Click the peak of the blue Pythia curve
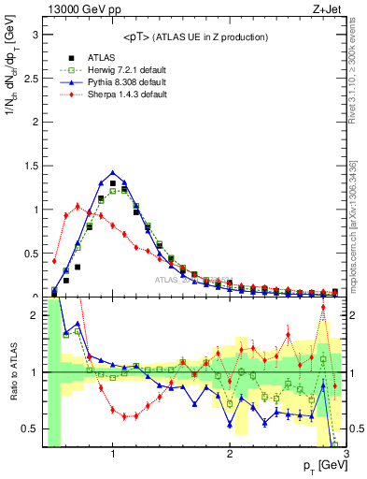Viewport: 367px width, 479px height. [x=113, y=172]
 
